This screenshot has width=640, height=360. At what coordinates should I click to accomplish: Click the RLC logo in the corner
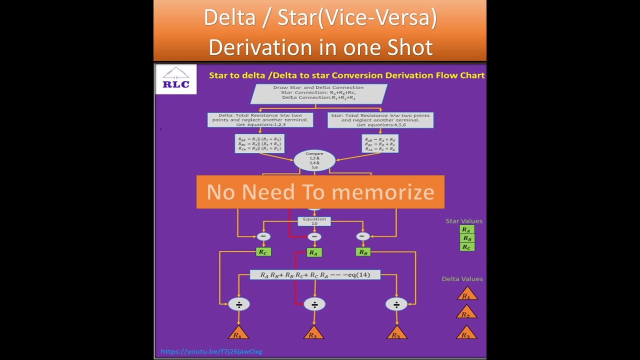[175, 79]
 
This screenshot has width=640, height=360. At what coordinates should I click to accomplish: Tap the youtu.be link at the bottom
[211, 351]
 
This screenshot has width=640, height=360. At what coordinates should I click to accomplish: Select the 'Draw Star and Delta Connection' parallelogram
[318, 93]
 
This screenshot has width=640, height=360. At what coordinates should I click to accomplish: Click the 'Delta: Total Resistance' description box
[260, 120]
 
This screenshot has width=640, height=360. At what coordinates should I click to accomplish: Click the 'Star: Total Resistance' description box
[380, 120]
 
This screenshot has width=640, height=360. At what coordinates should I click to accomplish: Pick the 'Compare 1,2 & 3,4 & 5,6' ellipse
[314, 160]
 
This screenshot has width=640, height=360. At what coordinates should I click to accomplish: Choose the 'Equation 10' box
[314, 221]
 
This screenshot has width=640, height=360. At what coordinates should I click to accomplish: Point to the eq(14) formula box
[315, 274]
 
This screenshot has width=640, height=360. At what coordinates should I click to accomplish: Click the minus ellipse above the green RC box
[263, 236]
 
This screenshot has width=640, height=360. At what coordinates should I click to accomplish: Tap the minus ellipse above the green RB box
[363, 236]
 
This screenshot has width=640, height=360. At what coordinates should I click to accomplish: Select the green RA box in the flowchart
[313, 252]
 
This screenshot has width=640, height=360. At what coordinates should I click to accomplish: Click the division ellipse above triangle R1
[238, 304]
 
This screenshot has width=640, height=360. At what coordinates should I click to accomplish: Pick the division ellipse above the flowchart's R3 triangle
[396, 304]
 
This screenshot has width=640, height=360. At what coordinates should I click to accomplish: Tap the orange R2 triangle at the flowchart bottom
[313, 333]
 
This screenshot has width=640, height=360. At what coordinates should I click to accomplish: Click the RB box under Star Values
[466, 238]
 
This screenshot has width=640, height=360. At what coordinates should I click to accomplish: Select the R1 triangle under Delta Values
[466, 294]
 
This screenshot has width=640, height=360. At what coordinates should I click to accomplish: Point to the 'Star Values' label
[464, 221]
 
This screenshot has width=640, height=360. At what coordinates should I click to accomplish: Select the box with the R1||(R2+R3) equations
[260, 143]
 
